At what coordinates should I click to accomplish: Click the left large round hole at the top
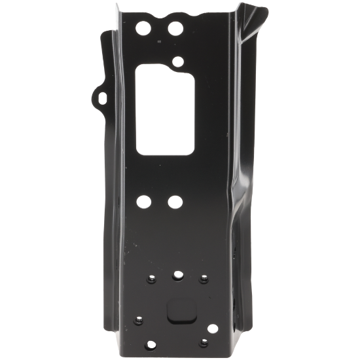[142, 29]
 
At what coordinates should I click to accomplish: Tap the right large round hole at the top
[175, 29]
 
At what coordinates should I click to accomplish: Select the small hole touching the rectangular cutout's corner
[177, 63]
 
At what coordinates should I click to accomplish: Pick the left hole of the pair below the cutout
[143, 202]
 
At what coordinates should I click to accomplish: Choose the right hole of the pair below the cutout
[175, 202]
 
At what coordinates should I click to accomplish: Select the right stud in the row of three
[202, 279]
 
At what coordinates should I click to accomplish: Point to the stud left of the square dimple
[139, 320]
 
